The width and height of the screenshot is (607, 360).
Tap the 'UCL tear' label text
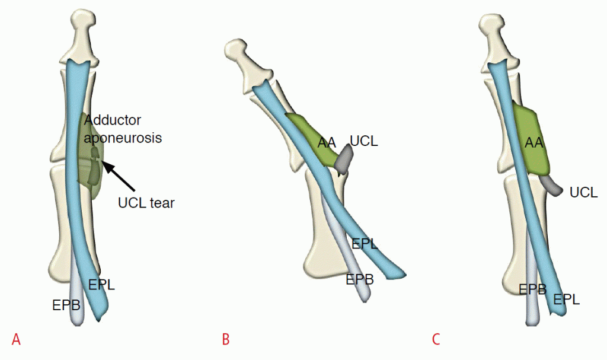(146, 203)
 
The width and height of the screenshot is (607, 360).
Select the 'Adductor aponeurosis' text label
(122, 129)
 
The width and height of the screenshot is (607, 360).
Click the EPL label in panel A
(101, 284)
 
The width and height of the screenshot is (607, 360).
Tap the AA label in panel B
(327, 142)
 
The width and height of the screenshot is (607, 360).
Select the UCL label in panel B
(363, 141)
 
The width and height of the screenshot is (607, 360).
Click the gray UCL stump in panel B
(344, 160)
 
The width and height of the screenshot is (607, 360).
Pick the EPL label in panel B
(365, 243)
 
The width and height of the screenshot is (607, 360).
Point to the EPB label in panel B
(360, 279)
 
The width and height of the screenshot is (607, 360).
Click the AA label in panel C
(535, 142)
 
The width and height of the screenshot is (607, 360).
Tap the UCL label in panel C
(583, 192)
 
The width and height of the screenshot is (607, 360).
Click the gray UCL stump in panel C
(553, 186)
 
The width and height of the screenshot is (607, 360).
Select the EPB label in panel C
(532, 290)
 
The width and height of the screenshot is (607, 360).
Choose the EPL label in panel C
(566, 300)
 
